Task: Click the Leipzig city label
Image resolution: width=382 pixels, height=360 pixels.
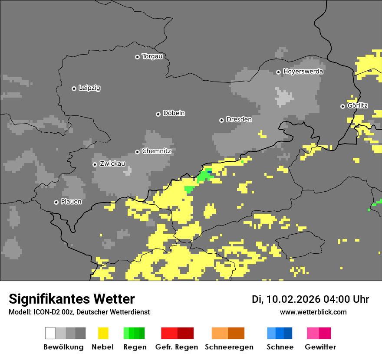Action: tap(89, 88)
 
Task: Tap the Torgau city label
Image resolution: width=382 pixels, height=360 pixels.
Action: tap(152, 56)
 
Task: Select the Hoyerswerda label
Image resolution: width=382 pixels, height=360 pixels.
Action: tap(303, 72)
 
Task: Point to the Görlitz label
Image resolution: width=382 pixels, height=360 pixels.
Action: tap(358, 106)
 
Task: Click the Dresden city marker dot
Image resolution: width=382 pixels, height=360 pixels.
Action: tap(222, 120)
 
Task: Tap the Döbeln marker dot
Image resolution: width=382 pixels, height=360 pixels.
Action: tap(158, 114)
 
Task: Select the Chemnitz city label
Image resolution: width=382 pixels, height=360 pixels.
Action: tap(156, 151)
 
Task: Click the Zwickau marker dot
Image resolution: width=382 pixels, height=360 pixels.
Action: tap(95, 164)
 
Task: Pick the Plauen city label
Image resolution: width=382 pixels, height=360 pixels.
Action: tap(71, 202)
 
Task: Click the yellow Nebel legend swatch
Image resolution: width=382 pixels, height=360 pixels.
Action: tap(103, 333)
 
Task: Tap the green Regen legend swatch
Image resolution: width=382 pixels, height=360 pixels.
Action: tap(134, 333)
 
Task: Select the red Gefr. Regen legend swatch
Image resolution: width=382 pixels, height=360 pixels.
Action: tap(177, 333)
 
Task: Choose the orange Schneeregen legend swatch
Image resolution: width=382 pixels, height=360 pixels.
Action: tap(228, 333)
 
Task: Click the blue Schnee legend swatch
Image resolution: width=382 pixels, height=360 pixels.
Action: tap(280, 333)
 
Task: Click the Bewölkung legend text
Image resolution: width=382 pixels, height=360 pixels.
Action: tap(63, 347)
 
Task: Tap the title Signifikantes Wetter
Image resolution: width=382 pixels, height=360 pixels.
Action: tap(72, 299)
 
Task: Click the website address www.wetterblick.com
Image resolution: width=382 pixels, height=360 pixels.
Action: tap(313, 312)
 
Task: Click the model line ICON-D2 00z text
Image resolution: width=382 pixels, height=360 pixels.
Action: tap(79, 312)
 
